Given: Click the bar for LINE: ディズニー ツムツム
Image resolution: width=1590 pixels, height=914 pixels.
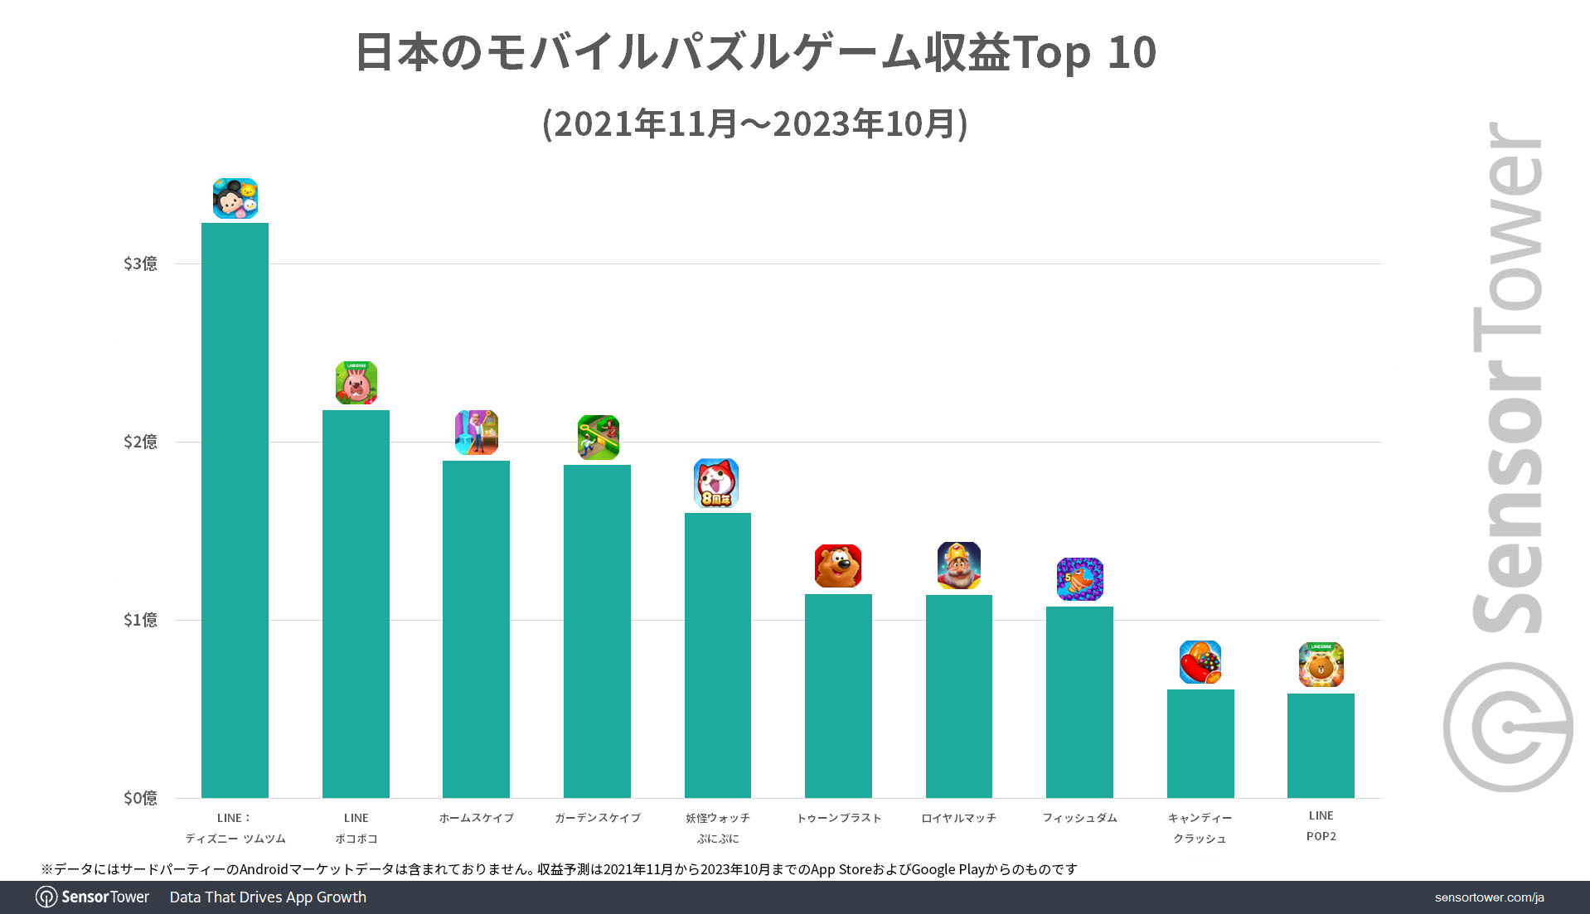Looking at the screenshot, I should pyautogui.click(x=235, y=510).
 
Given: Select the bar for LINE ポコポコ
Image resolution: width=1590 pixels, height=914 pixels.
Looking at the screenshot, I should pyautogui.click(x=356, y=603).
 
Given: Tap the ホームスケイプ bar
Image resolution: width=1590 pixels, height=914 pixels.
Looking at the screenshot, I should pyautogui.click(x=476, y=629).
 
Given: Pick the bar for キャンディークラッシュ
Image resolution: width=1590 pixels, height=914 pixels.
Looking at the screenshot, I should pyautogui.click(x=1200, y=743).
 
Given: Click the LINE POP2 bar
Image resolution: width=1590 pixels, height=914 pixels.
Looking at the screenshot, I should pyautogui.click(x=1321, y=745).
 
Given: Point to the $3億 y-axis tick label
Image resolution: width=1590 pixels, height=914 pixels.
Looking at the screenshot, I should pyautogui.click(x=140, y=264).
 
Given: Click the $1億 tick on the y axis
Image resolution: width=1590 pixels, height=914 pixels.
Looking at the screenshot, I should pyautogui.click(x=140, y=620).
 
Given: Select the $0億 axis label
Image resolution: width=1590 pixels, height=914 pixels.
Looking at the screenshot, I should pyautogui.click(x=140, y=798).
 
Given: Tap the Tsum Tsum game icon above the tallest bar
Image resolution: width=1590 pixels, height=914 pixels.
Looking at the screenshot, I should pyautogui.click(x=235, y=199).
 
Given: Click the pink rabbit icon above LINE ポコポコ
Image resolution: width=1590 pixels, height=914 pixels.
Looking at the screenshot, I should pyautogui.click(x=356, y=383).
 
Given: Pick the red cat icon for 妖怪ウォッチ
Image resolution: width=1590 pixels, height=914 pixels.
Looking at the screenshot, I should pyautogui.click(x=716, y=483).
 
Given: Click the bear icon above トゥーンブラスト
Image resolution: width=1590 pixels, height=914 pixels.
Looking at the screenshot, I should pyautogui.click(x=838, y=566).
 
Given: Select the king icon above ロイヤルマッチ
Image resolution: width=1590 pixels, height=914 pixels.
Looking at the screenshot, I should pyautogui.click(x=959, y=565).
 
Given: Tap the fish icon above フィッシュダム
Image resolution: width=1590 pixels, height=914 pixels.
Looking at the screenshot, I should pyautogui.click(x=1079, y=578).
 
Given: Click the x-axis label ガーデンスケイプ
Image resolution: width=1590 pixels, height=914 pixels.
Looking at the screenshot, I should pyautogui.click(x=598, y=818).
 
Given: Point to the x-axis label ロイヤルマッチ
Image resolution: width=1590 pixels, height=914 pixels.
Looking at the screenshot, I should pyautogui.click(x=959, y=818).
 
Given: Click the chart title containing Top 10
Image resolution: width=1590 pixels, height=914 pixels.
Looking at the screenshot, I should pyautogui.click(x=755, y=53).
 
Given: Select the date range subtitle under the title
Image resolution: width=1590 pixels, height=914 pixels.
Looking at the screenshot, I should pyautogui.click(x=755, y=124).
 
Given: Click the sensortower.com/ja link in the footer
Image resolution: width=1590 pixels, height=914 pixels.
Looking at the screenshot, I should pyautogui.click(x=1489, y=897).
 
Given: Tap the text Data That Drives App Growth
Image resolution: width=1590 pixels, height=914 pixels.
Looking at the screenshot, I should pyautogui.click(x=268, y=897).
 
